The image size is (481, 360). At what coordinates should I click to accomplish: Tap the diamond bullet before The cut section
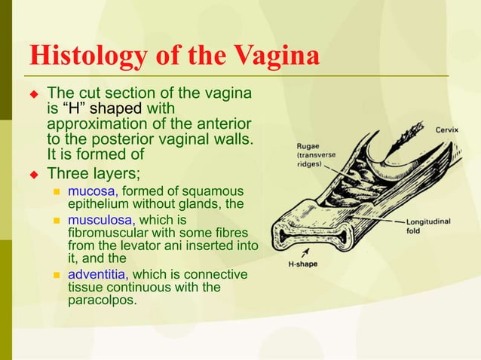33,95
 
